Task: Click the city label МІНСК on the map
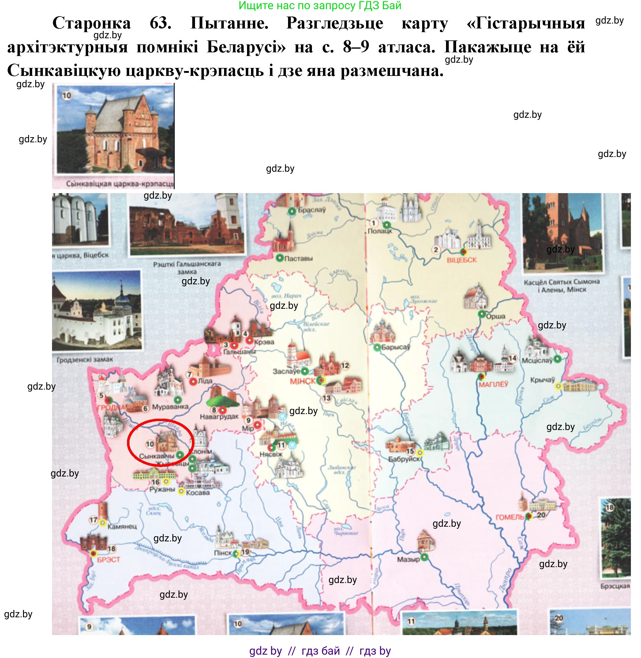(x=303, y=381)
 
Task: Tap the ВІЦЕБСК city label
(x=462, y=260)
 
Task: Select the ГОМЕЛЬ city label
(x=510, y=517)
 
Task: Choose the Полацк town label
(x=380, y=231)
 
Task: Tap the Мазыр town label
(x=408, y=559)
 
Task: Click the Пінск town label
(x=223, y=553)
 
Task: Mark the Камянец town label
(x=122, y=526)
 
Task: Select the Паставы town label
(x=298, y=259)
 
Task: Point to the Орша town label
(x=496, y=316)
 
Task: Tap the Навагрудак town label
(x=219, y=417)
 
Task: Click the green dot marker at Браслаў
(x=292, y=211)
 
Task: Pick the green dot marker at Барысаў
(x=377, y=347)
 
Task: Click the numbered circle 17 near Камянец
(x=93, y=520)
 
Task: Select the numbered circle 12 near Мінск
(x=345, y=365)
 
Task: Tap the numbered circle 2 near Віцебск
(x=436, y=249)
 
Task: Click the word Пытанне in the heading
(x=229, y=24)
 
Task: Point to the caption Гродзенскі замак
(x=85, y=360)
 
